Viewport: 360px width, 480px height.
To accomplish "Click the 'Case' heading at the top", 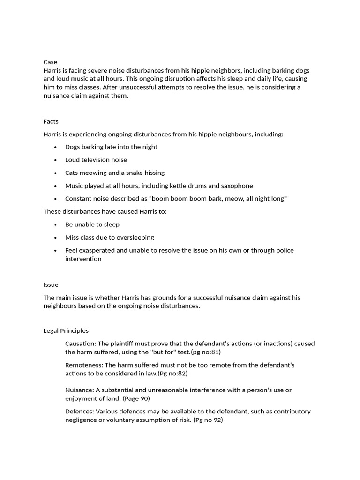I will tap(50, 62).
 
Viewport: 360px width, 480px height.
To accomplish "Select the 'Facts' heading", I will tap(51, 121).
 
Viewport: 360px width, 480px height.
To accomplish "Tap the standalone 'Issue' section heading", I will tap(51, 285).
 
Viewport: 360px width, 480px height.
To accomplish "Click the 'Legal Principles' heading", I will tap(66, 330).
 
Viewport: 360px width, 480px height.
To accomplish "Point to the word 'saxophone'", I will tap(237, 186).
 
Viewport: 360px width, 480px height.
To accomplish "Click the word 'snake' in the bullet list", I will tap(135, 172).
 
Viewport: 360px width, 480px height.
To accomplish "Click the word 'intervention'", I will tap(83, 259).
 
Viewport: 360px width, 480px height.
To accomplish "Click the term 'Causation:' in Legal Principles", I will tap(81, 344).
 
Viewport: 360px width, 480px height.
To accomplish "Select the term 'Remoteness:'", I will tap(84, 365).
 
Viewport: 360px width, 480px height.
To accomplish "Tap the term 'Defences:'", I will tap(79, 411).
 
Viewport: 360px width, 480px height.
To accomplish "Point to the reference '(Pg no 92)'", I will tap(208, 420).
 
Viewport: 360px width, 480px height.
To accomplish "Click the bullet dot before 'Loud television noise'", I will tap(55, 160).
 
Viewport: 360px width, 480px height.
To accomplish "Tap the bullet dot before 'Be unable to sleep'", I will tap(55, 225).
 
